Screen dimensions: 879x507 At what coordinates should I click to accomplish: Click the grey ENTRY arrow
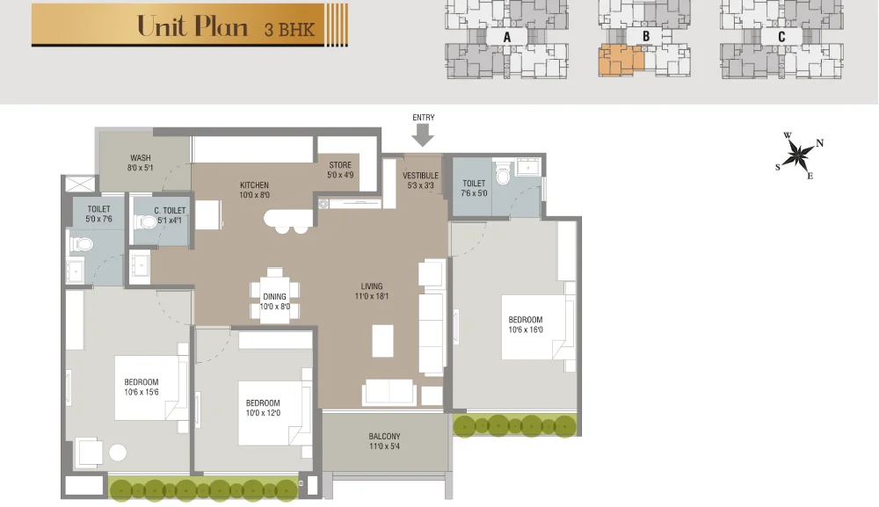point(423,135)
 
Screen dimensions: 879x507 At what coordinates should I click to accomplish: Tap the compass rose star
point(797,155)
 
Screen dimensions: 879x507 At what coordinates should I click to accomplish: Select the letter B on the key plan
point(646,36)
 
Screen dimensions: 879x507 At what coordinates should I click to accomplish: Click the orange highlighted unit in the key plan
point(620,60)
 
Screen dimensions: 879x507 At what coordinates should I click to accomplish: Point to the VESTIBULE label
point(420,176)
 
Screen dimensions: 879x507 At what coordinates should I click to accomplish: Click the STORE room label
point(340,165)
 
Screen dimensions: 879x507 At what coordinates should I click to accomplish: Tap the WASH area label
point(140,158)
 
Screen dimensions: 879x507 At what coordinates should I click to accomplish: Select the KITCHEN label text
point(255,185)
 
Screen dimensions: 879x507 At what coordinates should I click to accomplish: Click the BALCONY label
point(385,437)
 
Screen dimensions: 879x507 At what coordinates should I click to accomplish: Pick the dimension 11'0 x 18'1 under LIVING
point(372,296)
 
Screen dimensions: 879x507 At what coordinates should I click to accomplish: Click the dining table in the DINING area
point(274,296)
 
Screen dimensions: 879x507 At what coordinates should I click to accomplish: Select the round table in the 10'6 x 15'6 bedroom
point(118,453)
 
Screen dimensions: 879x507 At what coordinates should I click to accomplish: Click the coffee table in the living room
point(383,341)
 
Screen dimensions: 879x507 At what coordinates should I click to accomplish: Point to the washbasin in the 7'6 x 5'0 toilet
point(527,167)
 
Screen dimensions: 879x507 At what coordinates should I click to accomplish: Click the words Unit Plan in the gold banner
point(193,26)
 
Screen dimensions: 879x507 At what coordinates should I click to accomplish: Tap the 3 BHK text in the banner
point(289,29)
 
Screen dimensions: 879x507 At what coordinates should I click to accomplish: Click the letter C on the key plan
point(781,36)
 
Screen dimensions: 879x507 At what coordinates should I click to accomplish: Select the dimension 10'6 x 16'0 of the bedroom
point(526,330)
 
